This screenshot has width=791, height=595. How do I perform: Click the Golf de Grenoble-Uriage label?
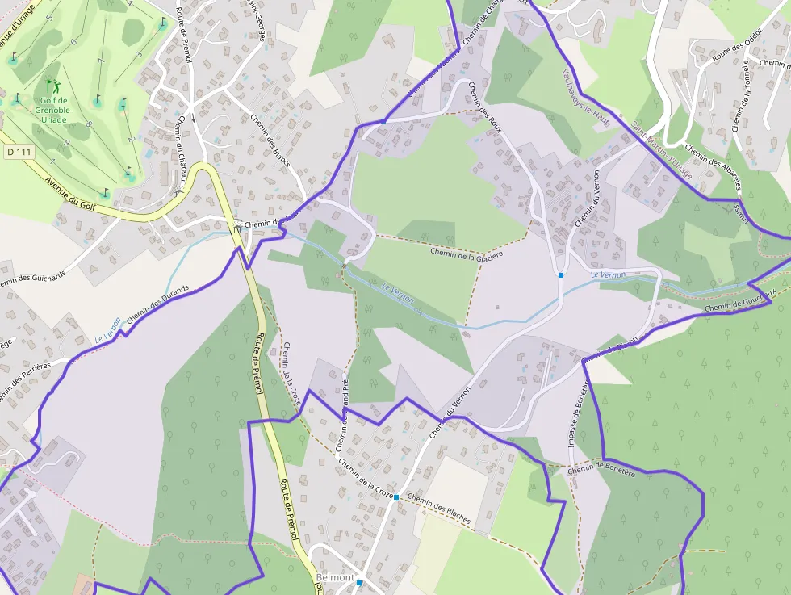(53, 111)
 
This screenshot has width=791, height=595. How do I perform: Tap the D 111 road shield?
(18, 151)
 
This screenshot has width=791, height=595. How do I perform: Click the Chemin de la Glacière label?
(467, 254)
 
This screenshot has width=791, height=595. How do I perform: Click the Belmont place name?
(335, 578)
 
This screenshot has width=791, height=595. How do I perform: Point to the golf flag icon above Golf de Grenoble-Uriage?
(52, 85)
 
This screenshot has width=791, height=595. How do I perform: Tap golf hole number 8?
(89, 125)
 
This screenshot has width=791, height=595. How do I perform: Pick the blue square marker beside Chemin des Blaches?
(396, 497)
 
